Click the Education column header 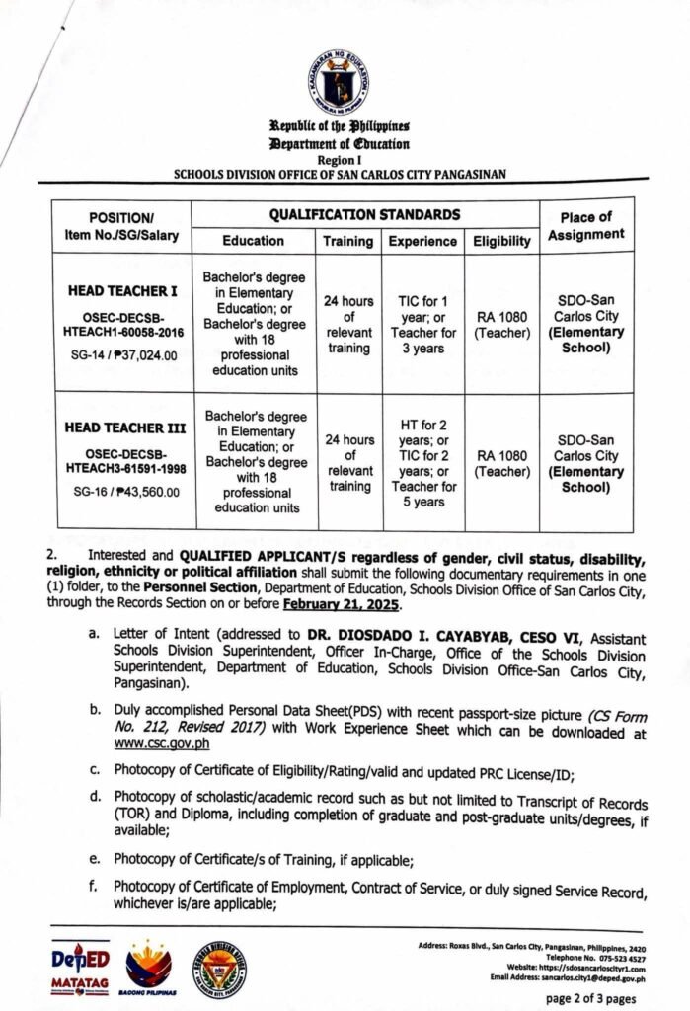tap(253, 241)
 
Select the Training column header tap(348, 241)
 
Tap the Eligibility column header tap(501, 241)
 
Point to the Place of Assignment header tap(585, 226)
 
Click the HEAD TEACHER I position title tap(121, 293)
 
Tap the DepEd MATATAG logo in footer tap(80, 968)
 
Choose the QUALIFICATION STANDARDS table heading tap(363, 213)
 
